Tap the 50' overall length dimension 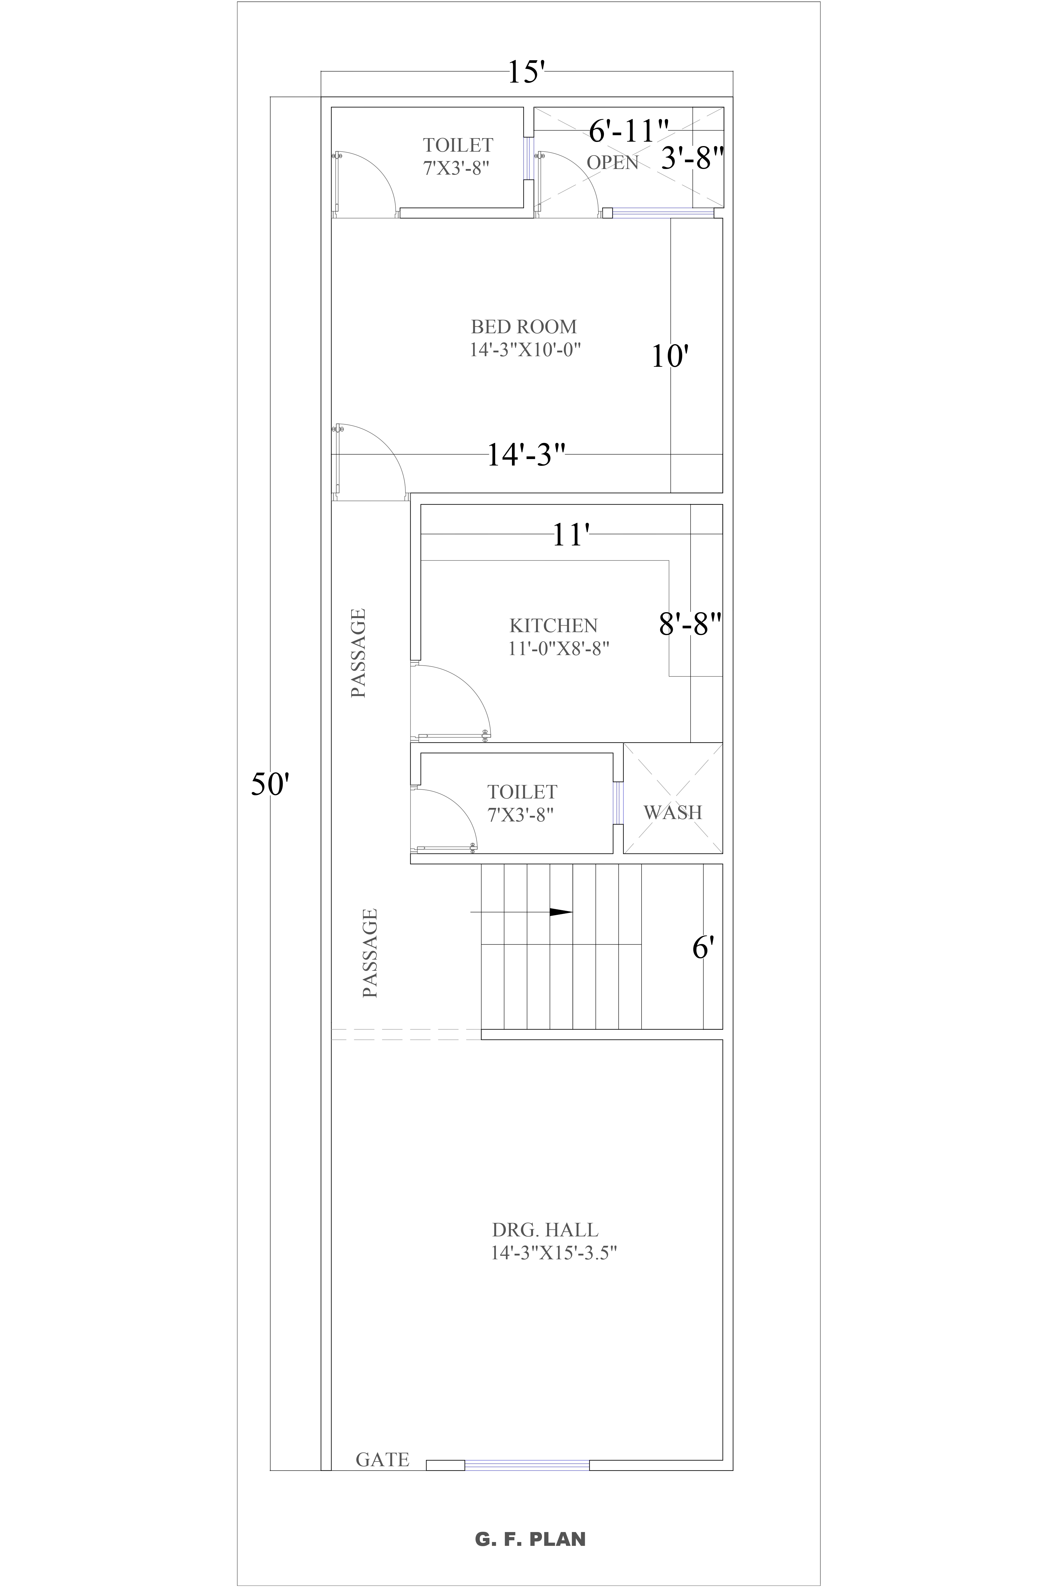tap(270, 785)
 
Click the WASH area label tap(673, 812)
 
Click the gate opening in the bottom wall tap(526, 1464)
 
